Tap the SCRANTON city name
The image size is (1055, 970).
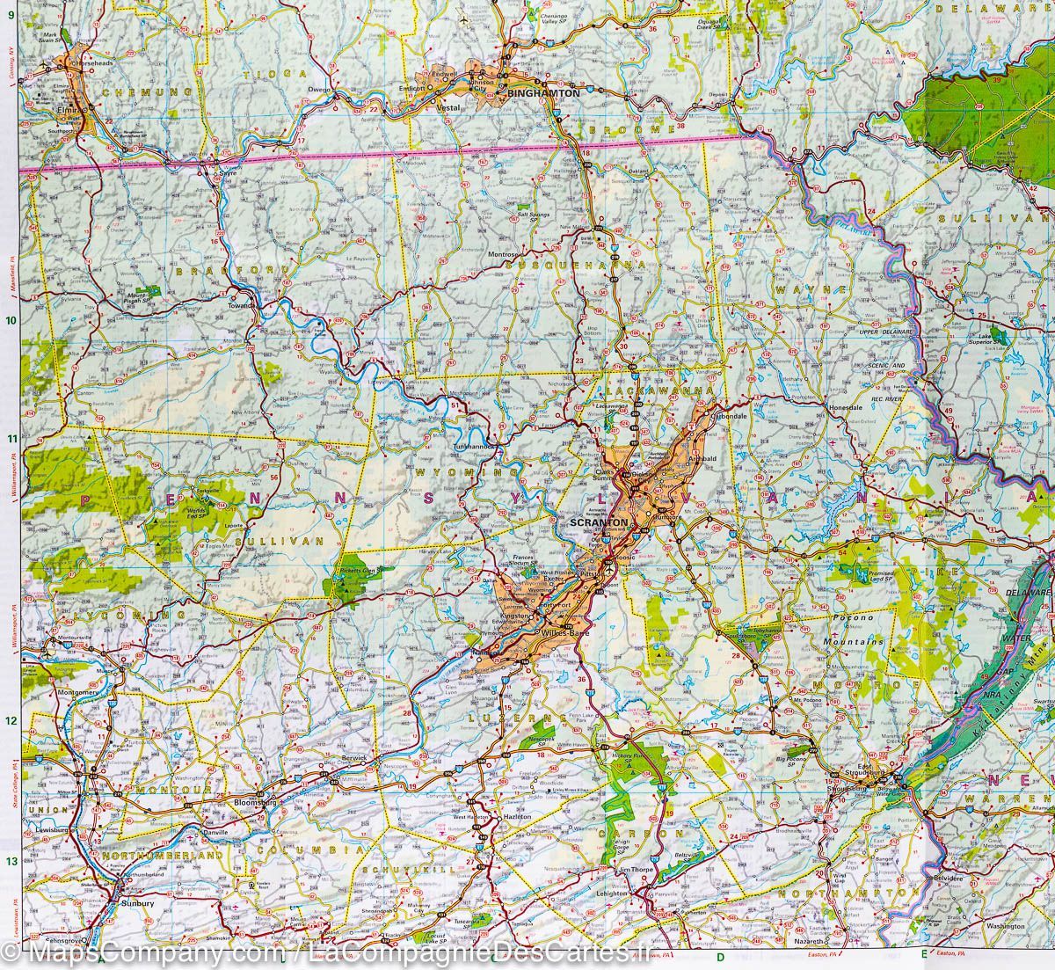[599, 522]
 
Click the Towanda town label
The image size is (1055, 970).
[241, 306]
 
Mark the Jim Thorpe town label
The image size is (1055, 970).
[638, 870]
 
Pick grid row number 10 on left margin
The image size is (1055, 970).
[10, 321]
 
